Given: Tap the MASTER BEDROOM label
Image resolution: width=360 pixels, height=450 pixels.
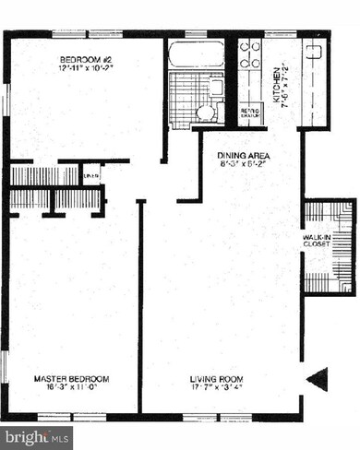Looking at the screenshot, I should coord(72,379).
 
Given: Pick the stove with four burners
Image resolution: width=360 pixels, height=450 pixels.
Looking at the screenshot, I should coord(250,58).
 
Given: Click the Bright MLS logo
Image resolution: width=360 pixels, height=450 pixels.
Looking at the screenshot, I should coord(35,432).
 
